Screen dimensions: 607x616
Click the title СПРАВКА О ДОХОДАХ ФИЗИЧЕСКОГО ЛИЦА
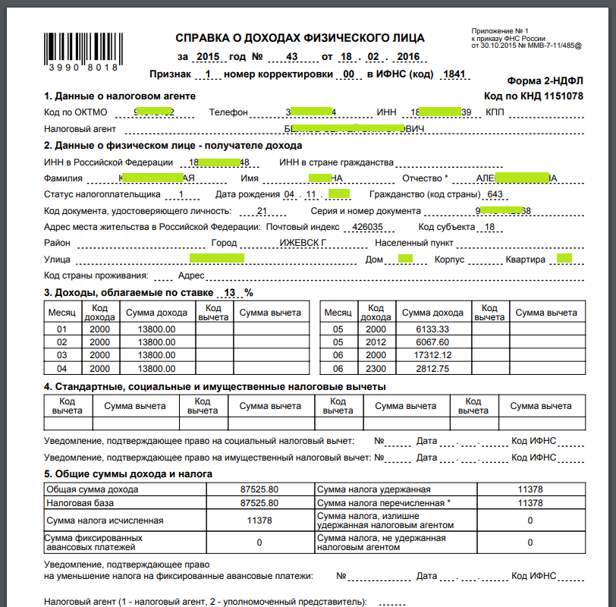click(300, 38)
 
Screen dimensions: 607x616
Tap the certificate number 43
click(292, 57)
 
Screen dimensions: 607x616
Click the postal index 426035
click(368, 227)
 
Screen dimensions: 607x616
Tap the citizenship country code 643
click(495, 195)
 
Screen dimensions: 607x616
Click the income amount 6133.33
click(432, 329)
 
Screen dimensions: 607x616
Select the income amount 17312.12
click(432, 354)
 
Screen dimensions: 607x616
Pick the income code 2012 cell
click(376, 341)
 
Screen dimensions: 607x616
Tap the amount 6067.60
click(432, 341)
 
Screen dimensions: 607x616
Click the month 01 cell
click(62, 329)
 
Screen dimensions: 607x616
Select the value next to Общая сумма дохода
click(259, 489)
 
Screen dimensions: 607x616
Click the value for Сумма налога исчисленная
click(259, 521)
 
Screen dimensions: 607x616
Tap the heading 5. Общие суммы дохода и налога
click(128, 473)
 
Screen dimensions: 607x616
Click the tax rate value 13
click(228, 293)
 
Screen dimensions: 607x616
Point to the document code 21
click(262, 211)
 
